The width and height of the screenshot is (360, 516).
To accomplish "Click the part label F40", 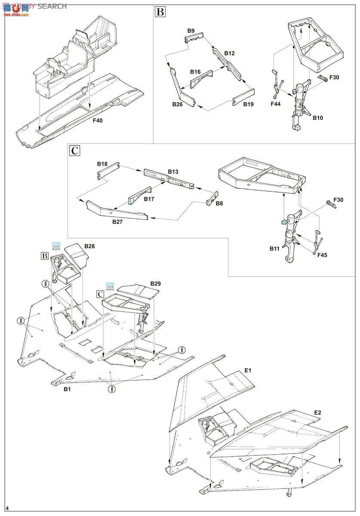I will click(98, 121).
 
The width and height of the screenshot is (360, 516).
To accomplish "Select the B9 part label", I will click(191, 31).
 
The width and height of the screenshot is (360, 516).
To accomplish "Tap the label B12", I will click(229, 53).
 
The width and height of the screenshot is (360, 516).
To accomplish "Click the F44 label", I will click(276, 104).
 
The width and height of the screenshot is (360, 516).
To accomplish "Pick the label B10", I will click(318, 117).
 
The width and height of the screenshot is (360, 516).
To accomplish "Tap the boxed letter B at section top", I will click(160, 12).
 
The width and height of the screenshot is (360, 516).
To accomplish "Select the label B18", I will click(102, 164).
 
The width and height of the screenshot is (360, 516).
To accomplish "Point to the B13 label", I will click(173, 172).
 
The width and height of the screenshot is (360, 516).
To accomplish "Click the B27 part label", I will click(119, 222).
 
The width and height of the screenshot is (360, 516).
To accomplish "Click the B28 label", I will click(89, 246).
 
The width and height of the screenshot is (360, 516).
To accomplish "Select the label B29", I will click(155, 284).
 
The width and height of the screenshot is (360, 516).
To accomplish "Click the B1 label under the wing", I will click(67, 389).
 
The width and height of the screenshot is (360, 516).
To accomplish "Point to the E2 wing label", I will click(317, 413).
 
